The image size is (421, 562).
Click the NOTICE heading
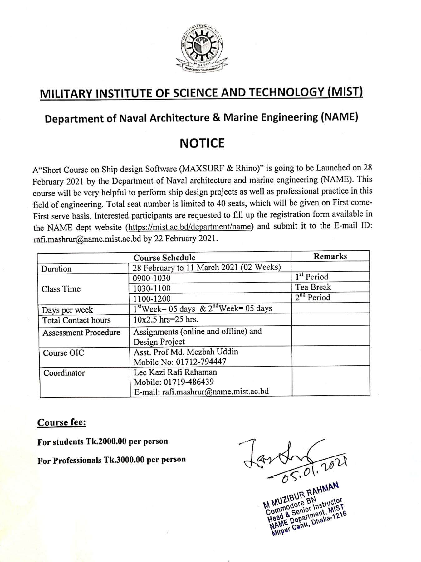pyautogui.click(x=202, y=143)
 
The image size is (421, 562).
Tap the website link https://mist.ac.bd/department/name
pyautogui.click(x=189, y=227)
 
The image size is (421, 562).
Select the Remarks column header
pyautogui.click(x=330, y=256)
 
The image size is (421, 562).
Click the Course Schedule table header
pyautogui.click(x=164, y=258)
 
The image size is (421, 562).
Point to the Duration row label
pyautogui.click(x=56, y=269)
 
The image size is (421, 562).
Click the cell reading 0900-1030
pyautogui.click(x=152, y=278)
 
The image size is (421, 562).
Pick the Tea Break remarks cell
pyautogui.click(x=313, y=287)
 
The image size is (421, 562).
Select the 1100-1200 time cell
pyautogui.click(x=152, y=298)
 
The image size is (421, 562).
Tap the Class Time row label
pyautogui.click(x=61, y=289)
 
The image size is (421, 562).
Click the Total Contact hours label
pyautogui.click(x=76, y=320)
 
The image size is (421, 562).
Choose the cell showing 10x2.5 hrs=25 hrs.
pyautogui.click(x=166, y=319)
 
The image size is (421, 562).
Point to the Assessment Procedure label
pyautogui.click(x=81, y=333)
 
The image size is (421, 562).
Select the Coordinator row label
pyautogui.click(x=64, y=373)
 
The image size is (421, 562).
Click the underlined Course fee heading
pyautogui.click(x=61, y=422)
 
